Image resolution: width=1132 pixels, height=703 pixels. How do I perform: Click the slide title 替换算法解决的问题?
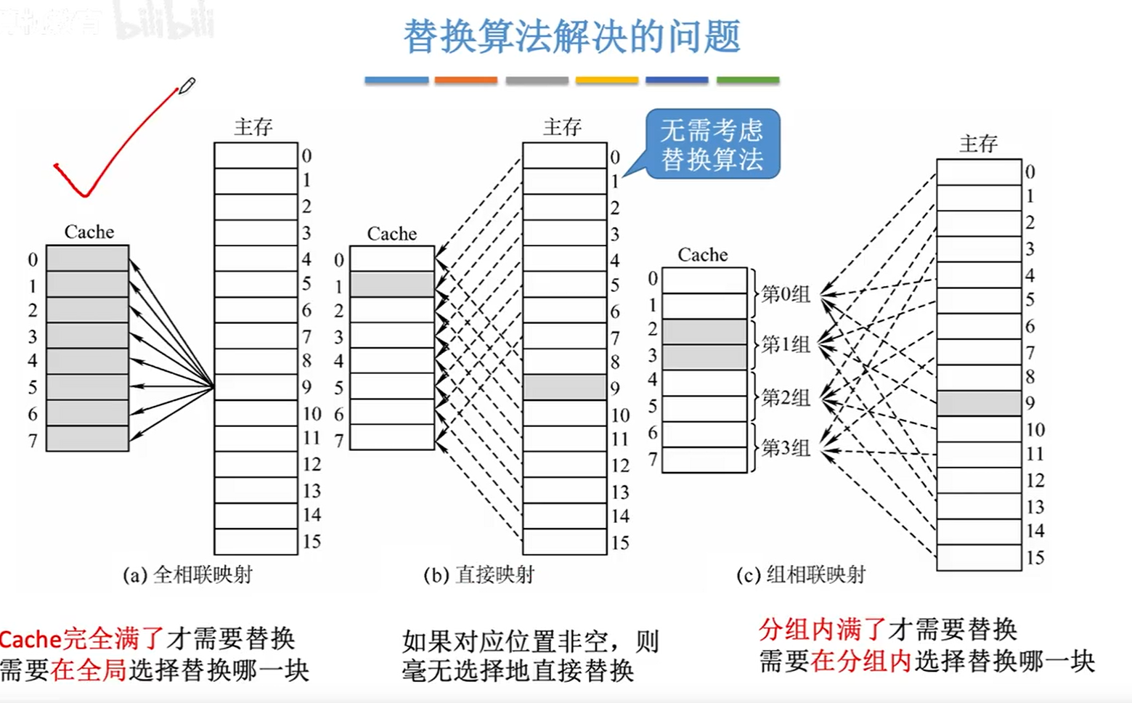(x=571, y=36)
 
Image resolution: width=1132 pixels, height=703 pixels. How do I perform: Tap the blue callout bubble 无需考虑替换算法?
(x=712, y=144)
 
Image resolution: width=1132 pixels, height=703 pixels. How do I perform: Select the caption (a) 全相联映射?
(x=187, y=574)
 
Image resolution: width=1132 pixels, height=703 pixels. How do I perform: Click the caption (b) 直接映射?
(x=479, y=574)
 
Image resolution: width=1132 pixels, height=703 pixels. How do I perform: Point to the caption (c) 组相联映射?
(x=800, y=574)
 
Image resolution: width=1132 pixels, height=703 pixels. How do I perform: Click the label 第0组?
(x=785, y=294)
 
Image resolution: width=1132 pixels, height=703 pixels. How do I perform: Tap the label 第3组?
(x=785, y=447)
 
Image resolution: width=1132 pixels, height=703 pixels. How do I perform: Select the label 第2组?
(x=785, y=397)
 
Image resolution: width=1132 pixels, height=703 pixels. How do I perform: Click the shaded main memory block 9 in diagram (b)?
(x=564, y=387)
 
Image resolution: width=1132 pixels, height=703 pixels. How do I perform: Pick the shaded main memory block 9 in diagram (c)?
(x=979, y=403)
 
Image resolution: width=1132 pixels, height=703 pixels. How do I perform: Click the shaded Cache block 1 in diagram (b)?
(x=392, y=285)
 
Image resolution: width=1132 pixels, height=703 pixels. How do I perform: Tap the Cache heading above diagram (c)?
(x=702, y=255)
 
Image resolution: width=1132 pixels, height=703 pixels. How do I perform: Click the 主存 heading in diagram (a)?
(x=253, y=127)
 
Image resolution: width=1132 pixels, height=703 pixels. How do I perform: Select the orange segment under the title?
(x=465, y=80)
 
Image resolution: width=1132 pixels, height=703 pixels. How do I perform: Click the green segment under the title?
(x=747, y=80)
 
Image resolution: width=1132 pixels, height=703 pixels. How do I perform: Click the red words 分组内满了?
(x=822, y=628)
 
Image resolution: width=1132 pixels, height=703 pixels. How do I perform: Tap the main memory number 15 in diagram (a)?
(x=311, y=542)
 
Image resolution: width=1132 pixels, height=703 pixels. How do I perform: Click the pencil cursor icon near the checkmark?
(x=187, y=86)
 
